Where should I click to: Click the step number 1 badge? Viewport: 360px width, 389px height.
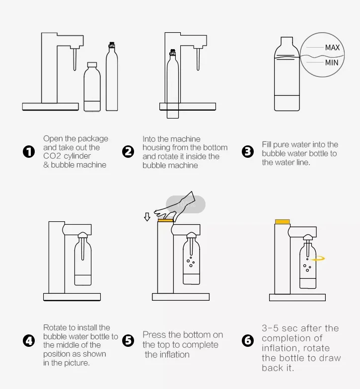point(29,152)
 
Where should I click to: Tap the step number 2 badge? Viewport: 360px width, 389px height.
point(128,152)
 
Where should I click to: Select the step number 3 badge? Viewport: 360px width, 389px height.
point(247,152)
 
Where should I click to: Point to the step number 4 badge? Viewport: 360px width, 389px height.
point(29,340)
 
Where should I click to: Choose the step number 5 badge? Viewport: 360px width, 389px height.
point(128,340)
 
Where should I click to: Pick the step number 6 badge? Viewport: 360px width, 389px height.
point(247,340)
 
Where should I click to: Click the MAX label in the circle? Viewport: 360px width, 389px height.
point(332,48)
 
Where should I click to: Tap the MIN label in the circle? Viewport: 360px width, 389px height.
point(332,63)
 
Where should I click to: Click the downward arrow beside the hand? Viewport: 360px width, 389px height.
point(147,216)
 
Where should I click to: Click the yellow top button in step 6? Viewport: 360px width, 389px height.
point(282,221)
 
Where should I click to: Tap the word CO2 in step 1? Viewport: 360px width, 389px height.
point(52,156)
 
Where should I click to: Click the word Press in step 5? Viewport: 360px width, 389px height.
point(154,334)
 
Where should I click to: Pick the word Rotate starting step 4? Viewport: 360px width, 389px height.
point(54,327)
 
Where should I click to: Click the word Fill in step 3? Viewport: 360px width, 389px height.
point(266,144)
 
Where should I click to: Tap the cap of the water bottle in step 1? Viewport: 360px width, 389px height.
point(92,65)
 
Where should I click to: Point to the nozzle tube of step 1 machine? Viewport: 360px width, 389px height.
point(74,60)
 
